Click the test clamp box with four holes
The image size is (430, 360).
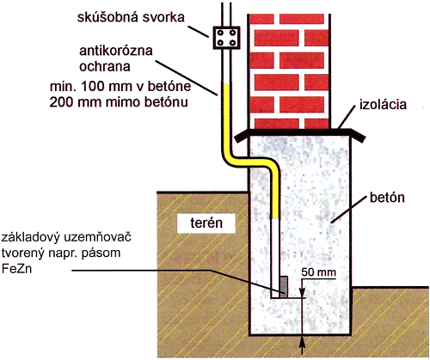[x=226, y=38]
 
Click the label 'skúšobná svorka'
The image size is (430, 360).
[x=131, y=17]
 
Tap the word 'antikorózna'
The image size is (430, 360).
[x=116, y=51]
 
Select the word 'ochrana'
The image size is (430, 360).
[x=105, y=67]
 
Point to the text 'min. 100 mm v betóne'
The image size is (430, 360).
[x=120, y=86]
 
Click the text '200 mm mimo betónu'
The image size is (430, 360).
[x=119, y=102]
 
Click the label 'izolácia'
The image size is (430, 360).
[x=383, y=104]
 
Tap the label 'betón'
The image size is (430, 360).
[x=387, y=198]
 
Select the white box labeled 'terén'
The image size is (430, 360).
[x=206, y=223]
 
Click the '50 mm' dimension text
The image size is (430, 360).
[x=319, y=272]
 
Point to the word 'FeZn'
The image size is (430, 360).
[x=16, y=269]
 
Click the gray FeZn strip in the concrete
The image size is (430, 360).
[x=284, y=287]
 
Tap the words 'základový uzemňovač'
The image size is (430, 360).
[x=66, y=237]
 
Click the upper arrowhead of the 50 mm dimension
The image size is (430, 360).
[x=302, y=293]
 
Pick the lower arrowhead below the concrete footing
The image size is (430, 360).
[x=302, y=341]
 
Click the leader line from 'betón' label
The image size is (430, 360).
[x=349, y=209]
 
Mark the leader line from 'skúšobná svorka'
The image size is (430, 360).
[x=199, y=32]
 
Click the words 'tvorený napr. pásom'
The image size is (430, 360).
[x=61, y=253]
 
